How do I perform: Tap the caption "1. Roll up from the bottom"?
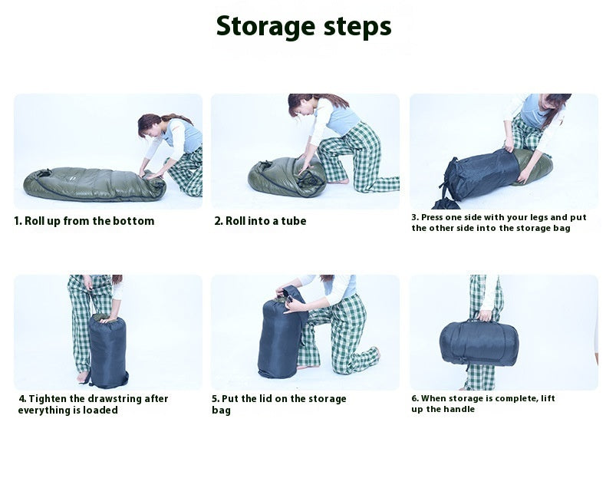(84, 221)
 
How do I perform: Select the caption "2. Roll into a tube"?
(260, 221)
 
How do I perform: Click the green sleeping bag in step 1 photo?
(84, 184)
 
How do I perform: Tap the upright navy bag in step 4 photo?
(107, 349)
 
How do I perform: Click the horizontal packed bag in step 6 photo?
(479, 343)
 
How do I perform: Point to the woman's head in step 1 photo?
(152, 124)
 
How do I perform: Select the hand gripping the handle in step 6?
(485, 315)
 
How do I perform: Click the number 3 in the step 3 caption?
(414, 217)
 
